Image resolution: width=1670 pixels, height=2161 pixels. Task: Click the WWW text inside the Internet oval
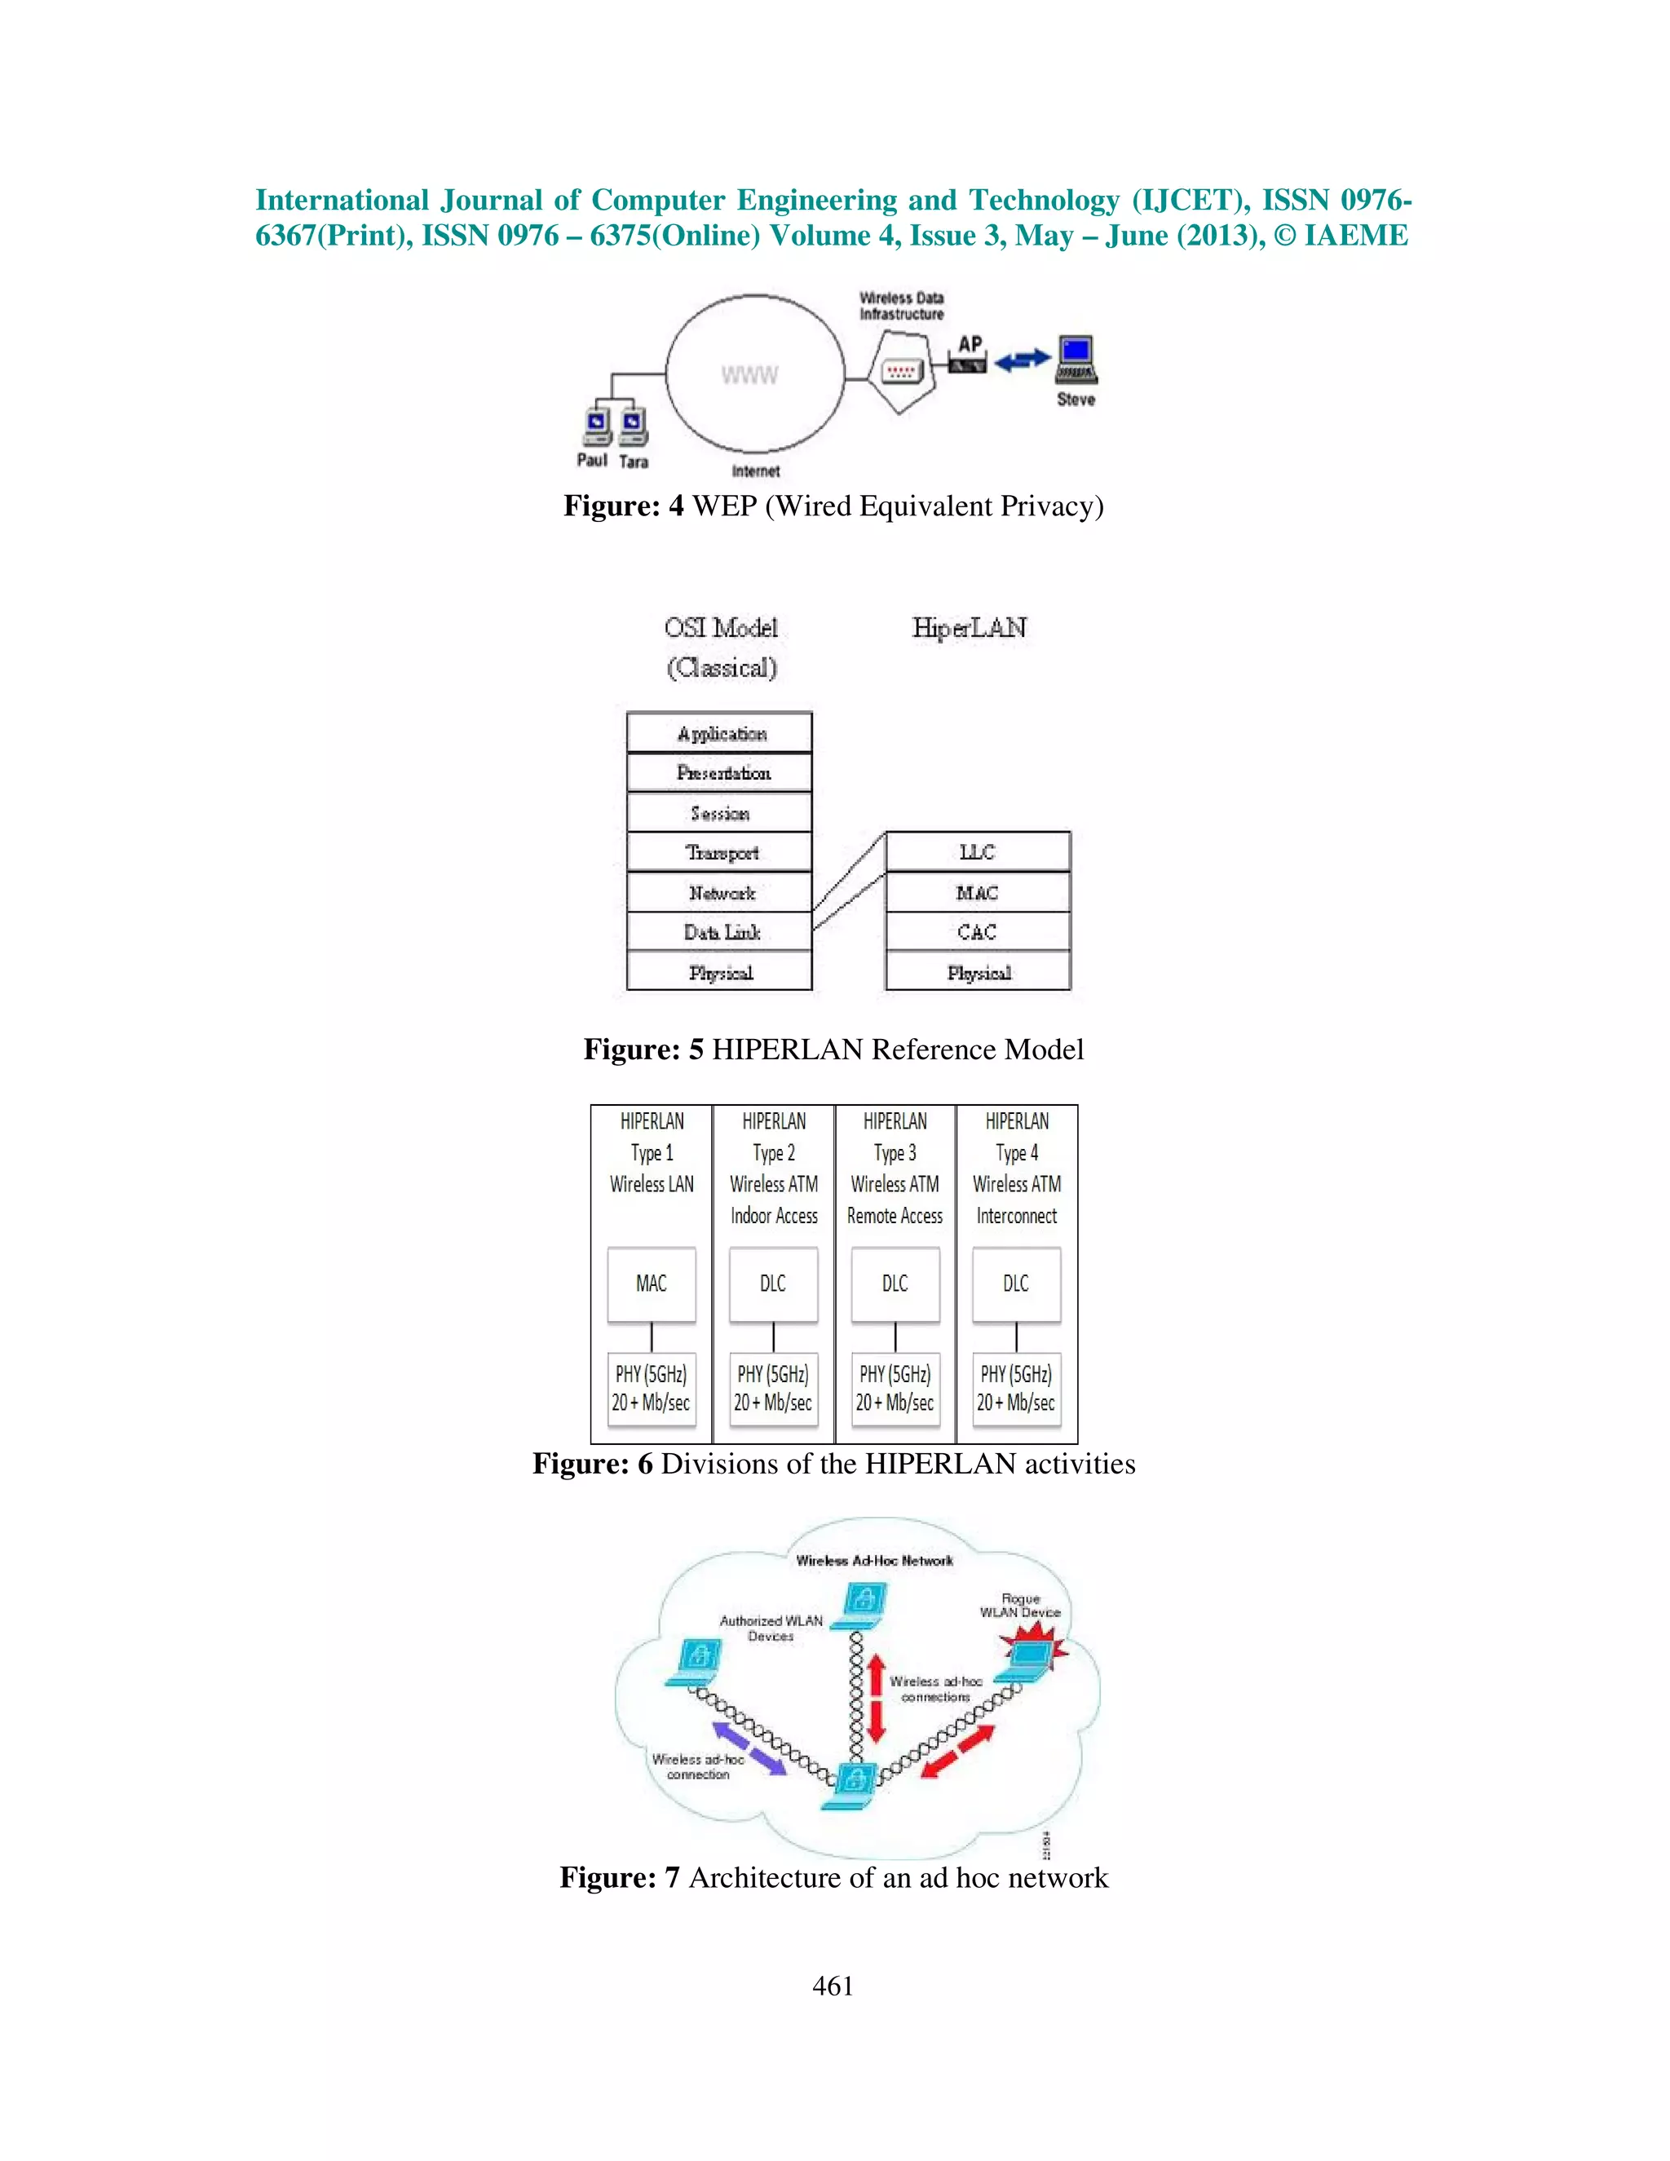(749, 375)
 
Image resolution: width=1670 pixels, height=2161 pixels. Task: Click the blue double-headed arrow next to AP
(1022, 361)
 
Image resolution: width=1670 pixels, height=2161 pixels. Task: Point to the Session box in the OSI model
(719, 813)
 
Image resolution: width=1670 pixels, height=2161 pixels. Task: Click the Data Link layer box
(719, 932)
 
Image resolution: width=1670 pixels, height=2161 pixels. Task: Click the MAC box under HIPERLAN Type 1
(651, 1284)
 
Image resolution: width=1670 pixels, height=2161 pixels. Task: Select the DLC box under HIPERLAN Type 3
(895, 1284)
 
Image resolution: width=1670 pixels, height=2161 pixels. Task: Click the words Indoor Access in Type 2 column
(774, 1216)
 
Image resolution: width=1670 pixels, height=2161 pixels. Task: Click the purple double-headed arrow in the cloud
(749, 1748)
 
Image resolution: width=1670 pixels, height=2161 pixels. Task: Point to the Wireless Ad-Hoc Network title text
(875, 1560)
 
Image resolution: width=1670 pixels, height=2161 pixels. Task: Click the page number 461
(833, 1986)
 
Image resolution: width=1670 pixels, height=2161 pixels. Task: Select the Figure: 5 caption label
(643, 1049)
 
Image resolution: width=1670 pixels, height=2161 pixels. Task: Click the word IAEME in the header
(1355, 236)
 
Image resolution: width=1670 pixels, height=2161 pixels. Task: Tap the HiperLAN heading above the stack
(970, 628)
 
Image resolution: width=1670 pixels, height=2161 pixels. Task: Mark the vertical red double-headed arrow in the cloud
(876, 1699)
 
